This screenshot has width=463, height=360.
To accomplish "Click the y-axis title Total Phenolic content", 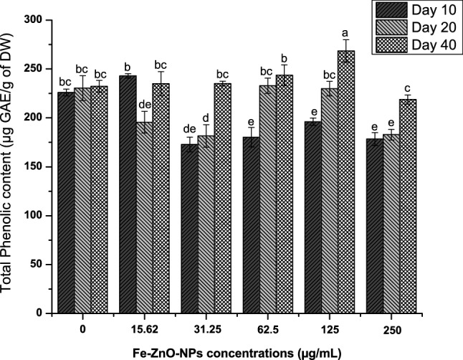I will [9, 166].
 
